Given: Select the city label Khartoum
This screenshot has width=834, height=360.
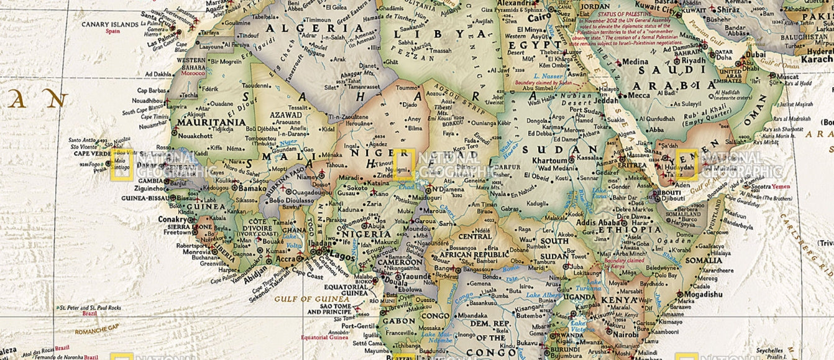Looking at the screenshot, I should coord(533,160).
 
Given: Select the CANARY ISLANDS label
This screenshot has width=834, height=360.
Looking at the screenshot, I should coord(111,24).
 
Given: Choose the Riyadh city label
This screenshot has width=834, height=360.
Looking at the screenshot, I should coord(693,60).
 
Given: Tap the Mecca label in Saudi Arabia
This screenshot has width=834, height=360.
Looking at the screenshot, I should coord(639,95).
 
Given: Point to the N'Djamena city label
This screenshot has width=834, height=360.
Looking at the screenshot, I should coord(449,188).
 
